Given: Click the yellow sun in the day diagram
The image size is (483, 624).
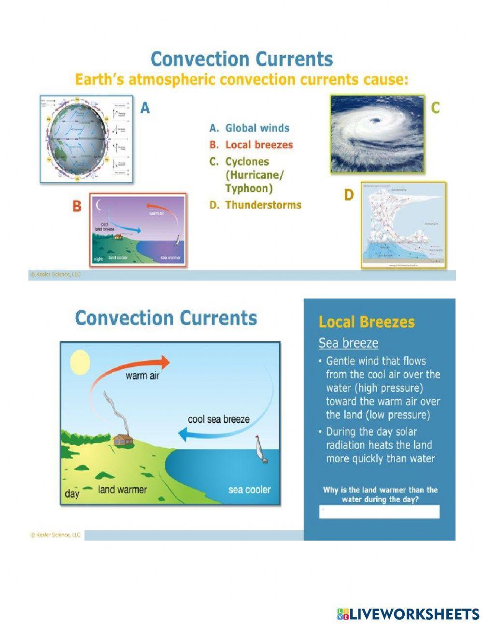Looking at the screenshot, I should point(80,363).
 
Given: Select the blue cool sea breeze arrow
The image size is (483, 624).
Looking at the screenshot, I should point(227,432).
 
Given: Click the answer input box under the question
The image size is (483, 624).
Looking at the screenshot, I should point(379,512).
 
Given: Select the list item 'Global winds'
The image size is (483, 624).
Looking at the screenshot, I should point(257,128).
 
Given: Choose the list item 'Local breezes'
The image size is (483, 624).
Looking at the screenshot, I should point(259,145).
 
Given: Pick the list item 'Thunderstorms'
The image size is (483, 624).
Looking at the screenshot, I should point(263,205).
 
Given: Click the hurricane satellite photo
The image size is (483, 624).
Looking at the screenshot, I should point(377,133).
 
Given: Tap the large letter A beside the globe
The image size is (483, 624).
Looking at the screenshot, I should point(145,108).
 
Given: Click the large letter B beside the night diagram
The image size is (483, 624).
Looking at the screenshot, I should point(77,206).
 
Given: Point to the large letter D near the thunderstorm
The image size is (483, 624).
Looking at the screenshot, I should point(349,195).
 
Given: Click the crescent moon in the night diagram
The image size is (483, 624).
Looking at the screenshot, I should point(99,205).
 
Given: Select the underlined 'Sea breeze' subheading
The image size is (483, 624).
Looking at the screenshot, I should point(348,343).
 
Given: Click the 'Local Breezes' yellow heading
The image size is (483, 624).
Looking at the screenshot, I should point(367,322).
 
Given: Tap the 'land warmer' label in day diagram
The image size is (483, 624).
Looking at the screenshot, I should point(122,490).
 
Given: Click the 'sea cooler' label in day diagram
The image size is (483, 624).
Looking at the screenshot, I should point(249,490).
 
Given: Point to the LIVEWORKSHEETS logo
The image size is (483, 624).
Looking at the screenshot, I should point(408,614).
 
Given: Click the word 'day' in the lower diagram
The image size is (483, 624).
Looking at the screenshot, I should point(72,494).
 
